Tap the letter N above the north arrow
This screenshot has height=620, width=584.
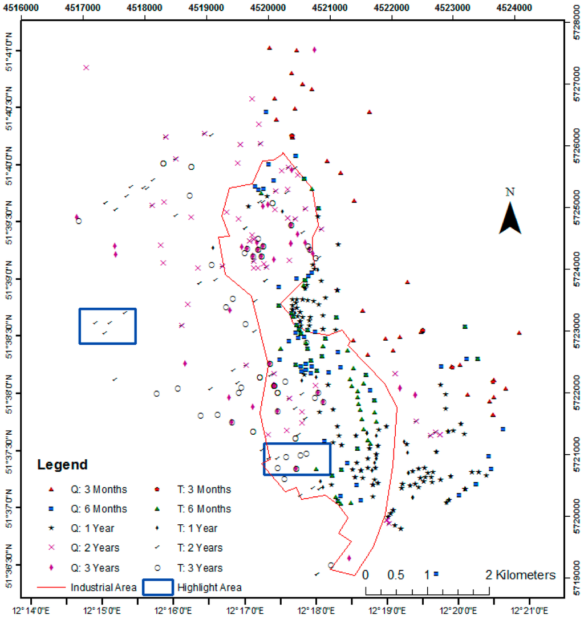pos(510,192)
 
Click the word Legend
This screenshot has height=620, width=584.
pos(63,464)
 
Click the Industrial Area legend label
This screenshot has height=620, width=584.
pos(103,587)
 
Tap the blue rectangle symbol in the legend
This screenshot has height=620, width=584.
pos(156,587)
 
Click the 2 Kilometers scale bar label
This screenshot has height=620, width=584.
pos(520,574)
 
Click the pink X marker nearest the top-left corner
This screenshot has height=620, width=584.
pos(86,67)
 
